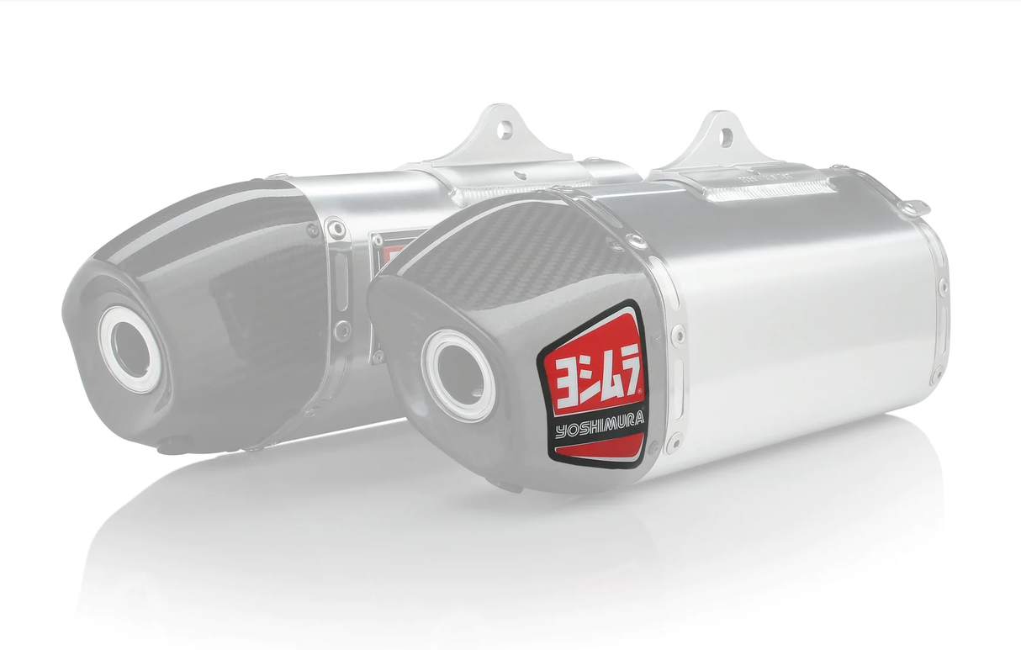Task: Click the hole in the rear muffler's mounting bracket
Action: click(x=504, y=129)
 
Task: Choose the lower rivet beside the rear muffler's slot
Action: click(x=341, y=330)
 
